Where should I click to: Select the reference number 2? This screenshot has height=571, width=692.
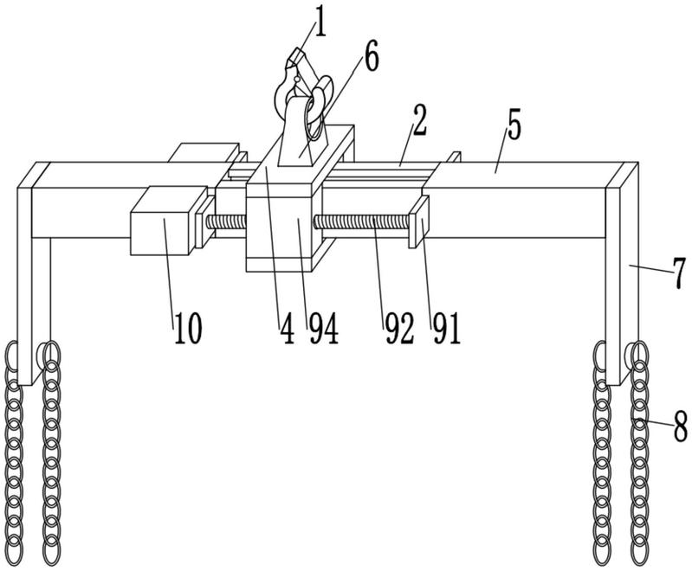tap(419, 122)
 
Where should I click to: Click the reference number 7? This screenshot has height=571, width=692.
tap(680, 274)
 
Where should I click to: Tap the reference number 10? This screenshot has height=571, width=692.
tap(188, 329)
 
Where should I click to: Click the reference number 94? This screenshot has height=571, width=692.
tap(324, 329)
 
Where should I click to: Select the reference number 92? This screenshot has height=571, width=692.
tap(399, 329)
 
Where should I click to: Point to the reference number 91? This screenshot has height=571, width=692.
tap(446, 329)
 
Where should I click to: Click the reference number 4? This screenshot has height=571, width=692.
tap(287, 329)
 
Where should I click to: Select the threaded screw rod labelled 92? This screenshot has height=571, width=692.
tap(363, 221)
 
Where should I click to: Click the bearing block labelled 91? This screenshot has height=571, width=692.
tap(418, 221)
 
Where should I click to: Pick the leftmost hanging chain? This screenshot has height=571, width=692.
tap(13, 454)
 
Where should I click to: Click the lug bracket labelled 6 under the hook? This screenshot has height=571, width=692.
tap(301, 132)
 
